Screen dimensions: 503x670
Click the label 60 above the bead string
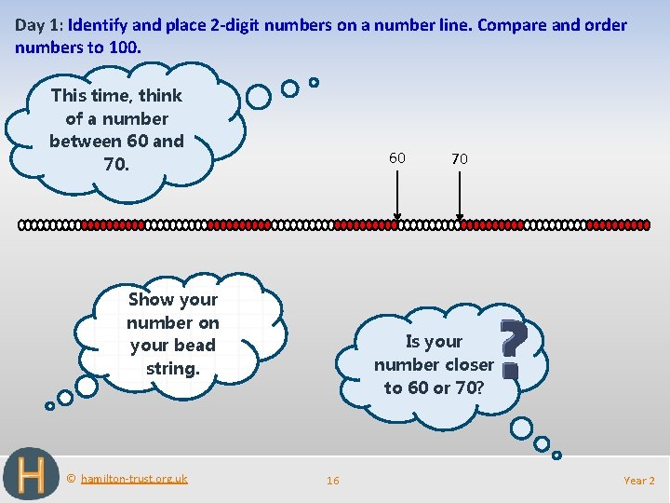tap(397, 158)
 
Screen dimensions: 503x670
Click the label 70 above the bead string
tap(460, 159)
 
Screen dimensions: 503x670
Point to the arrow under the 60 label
tap(397, 196)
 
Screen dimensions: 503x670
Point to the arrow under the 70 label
tap(460, 196)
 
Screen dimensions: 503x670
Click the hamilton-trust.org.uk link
tap(134, 479)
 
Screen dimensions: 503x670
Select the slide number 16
tap(332, 481)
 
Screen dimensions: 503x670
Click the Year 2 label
tap(639, 481)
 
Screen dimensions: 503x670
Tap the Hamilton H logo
tap(30, 475)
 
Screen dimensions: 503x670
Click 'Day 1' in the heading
tap(36, 25)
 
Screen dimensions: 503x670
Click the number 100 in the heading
tap(124, 46)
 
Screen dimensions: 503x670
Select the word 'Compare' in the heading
tap(514, 25)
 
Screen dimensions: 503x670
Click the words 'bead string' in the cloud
tap(172, 357)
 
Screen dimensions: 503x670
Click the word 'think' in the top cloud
tap(160, 95)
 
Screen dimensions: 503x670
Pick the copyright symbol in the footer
tap(71, 479)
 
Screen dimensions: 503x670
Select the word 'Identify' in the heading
tap(100, 25)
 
